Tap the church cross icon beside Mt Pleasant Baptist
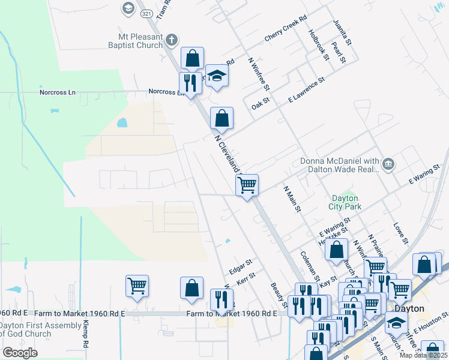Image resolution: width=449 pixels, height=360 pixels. [172, 40]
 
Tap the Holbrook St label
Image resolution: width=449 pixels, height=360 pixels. [319, 45]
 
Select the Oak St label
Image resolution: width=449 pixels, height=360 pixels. [261, 103]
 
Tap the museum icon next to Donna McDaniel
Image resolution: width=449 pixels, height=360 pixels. [388, 163]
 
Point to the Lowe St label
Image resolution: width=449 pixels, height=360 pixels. [400, 232]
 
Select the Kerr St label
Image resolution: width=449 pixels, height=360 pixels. [246, 278]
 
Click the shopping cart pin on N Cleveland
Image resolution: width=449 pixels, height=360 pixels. [247, 185]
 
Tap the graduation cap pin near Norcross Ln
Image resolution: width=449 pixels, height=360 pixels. [217, 76]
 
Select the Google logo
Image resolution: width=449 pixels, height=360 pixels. [20, 353]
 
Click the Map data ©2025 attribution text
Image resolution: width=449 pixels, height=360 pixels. [424, 356]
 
